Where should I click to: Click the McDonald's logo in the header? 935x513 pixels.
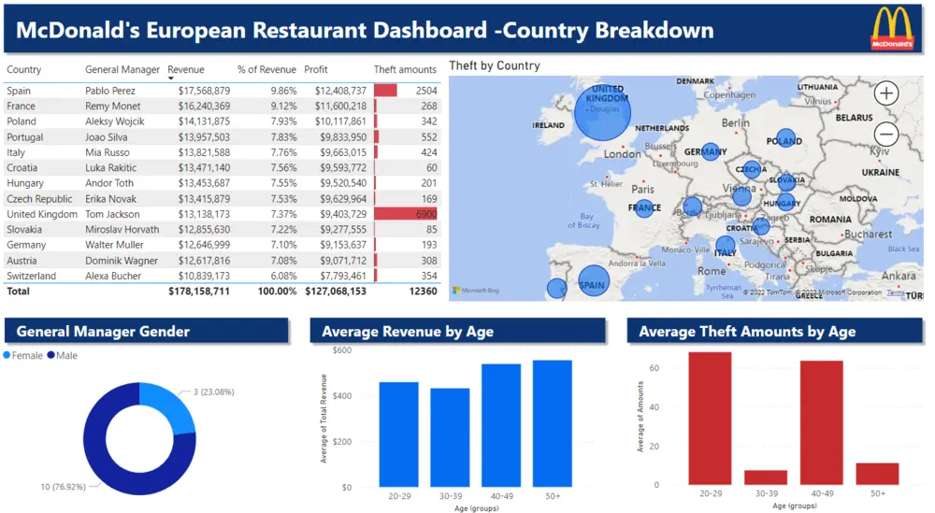pos(892,28)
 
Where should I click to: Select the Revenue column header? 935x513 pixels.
pos(185,69)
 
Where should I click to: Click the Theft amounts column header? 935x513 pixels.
pos(405,69)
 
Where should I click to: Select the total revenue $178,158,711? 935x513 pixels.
pos(198,292)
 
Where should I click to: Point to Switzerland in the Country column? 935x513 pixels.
pos(31,276)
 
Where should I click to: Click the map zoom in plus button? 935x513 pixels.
pos(886,93)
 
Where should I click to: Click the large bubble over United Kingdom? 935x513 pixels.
pos(603,110)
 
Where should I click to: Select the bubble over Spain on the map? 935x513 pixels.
pos(592,281)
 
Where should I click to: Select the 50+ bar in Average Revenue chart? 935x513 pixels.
pos(552,423)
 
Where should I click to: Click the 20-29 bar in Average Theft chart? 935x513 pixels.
pos(710,418)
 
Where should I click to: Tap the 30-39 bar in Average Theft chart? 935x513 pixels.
pos(765,477)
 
